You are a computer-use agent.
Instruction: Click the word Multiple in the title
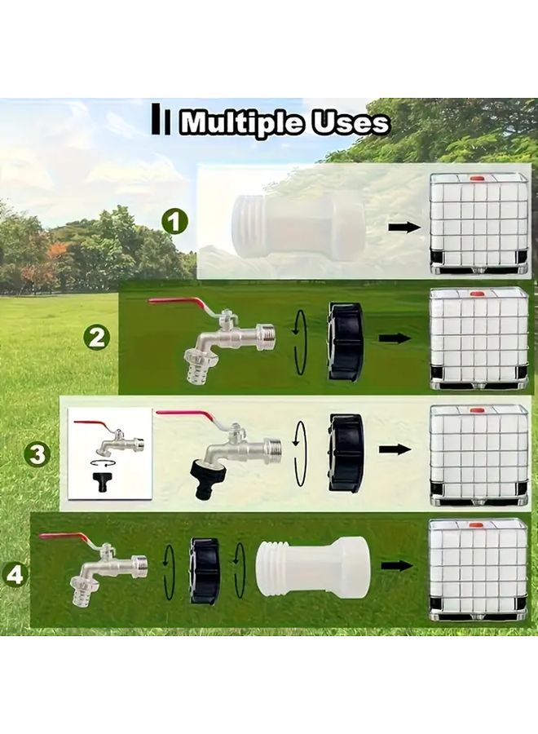coord(241,123)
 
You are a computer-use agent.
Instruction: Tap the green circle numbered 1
coord(174,221)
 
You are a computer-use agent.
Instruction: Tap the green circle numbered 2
coord(97,336)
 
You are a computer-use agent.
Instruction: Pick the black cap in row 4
coord(205,570)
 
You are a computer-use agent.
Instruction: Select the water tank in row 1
coord(478,222)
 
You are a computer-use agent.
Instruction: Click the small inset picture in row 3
coord(110,453)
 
